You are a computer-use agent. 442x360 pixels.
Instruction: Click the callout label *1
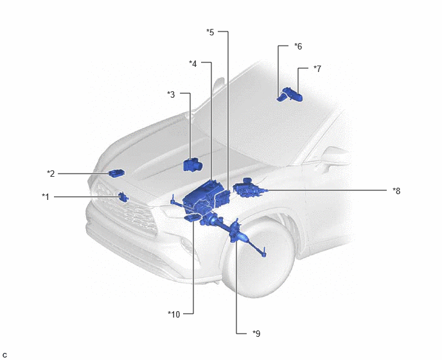pyautogui.click(x=46, y=197)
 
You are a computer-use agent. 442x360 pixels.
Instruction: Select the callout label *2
pyautogui.click(x=51, y=174)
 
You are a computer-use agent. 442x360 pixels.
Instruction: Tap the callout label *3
pyautogui.click(x=171, y=94)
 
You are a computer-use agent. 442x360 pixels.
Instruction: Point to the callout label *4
pyautogui.click(x=193, y=64)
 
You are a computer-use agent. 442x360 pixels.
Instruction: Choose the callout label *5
pyautogui.click(x=210, y=32)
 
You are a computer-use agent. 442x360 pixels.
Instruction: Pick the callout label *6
pyautogui.click(x=298, y=46)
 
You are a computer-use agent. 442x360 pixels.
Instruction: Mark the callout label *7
pyautogui.click(x=317, y=69)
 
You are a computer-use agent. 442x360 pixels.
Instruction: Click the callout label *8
pyautogui.click(x=396, y=191)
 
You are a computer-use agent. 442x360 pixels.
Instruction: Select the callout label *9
pyautogui.click(x=256, y=334)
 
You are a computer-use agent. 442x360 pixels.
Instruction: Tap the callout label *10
pyautogui.click(x=174, y=314)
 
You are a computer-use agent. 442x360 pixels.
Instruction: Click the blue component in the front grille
pyautogui.click(x=123, y=197)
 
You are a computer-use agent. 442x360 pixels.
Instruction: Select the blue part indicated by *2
pyautogui.click(x=116, y=173)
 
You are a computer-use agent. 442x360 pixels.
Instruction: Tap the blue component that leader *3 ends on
pyautogui.click(x=193, y=165)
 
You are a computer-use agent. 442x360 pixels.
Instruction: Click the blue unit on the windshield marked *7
pyautogui.click(x=294, y=94)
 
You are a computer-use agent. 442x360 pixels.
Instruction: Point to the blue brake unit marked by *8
pyautogui.click(x=249, y=189)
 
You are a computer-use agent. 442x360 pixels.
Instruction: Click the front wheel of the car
pyautogui.click(x=258, y=260)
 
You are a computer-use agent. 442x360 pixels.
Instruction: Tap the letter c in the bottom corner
pyautogui.click(x=4, y=355)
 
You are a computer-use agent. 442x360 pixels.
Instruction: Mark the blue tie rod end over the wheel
pyautogui.click(x=263, y=253)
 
